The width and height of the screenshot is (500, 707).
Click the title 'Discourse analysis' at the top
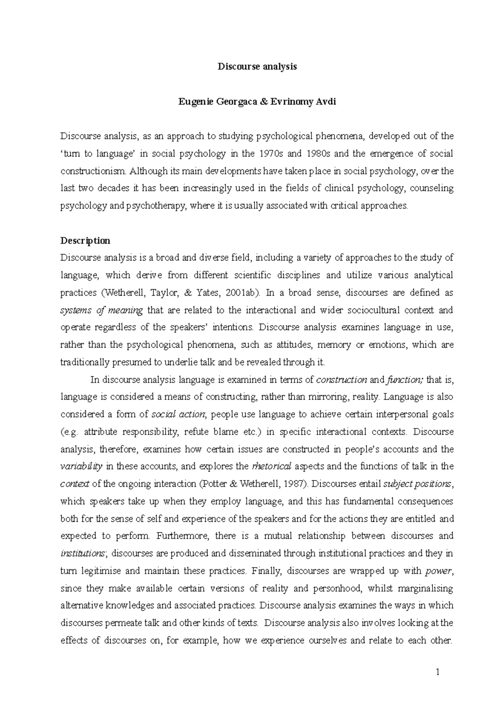[x=257, y=67]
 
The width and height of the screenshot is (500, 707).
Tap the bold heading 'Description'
[x=85, y=241]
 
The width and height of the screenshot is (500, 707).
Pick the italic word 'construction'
[x=342, y=380]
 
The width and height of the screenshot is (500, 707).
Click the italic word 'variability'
[x=81, y=466]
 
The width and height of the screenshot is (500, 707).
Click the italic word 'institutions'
[x=82, y=554]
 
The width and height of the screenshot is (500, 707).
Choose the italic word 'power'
[x=438, y=571]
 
